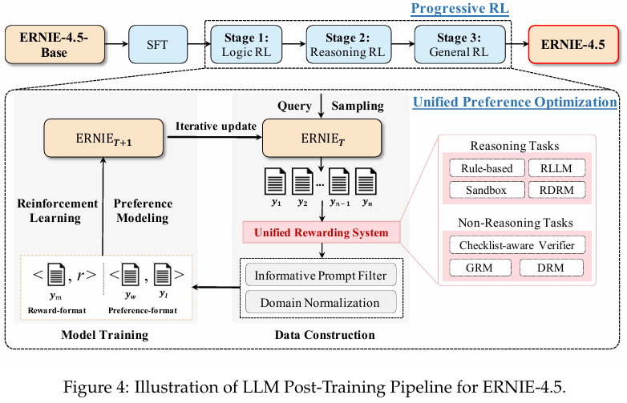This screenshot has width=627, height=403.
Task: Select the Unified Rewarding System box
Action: pos(321,233)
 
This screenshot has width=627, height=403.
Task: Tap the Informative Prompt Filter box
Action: pos(321,276)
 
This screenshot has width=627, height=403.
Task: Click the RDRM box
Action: pos(556,190)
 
